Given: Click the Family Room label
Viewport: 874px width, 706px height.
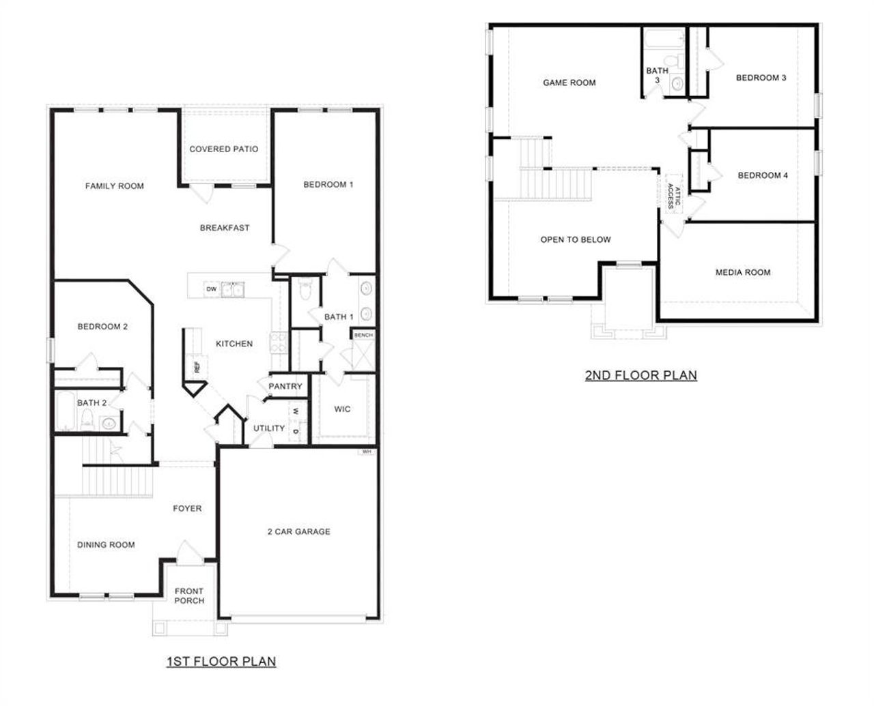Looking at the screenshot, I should (x=114, y=186).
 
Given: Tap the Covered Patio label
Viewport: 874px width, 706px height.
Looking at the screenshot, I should (x=223, y=149).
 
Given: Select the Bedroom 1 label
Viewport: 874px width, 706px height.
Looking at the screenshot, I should (x=328, y=184).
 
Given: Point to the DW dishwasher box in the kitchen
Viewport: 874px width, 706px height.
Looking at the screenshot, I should (x=211, y=290).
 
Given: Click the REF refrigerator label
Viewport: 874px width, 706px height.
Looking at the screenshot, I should (x=197, y=367).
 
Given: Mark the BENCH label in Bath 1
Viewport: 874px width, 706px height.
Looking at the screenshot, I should (x=363, y=335).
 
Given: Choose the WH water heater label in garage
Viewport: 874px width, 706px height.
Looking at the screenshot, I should (x=367, y=452).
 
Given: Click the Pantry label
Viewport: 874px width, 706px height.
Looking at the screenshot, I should (x=285, y=386).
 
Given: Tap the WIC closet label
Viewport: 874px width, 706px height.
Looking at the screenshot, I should (x=342, y=409).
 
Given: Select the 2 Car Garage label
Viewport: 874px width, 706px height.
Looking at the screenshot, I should (x=298, y=531).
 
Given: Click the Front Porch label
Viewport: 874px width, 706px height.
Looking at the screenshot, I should (x=189, y=595).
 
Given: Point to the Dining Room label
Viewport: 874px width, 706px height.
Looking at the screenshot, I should (x=106, y=544).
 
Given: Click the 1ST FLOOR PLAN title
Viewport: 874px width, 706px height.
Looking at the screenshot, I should (x=221, y=661).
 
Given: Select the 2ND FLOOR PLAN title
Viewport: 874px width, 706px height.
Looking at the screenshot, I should (x=640, y=374).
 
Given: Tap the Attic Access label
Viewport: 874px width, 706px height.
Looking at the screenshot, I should (x=674, y=195).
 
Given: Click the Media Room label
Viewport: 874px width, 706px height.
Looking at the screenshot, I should (x=743, y=272).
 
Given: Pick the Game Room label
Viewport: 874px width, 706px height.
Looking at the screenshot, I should (x=569, y=83).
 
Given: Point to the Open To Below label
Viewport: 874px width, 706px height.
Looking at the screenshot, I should (x=576, y=239).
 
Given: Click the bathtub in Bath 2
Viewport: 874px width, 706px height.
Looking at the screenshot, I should (x=64, y=411).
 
